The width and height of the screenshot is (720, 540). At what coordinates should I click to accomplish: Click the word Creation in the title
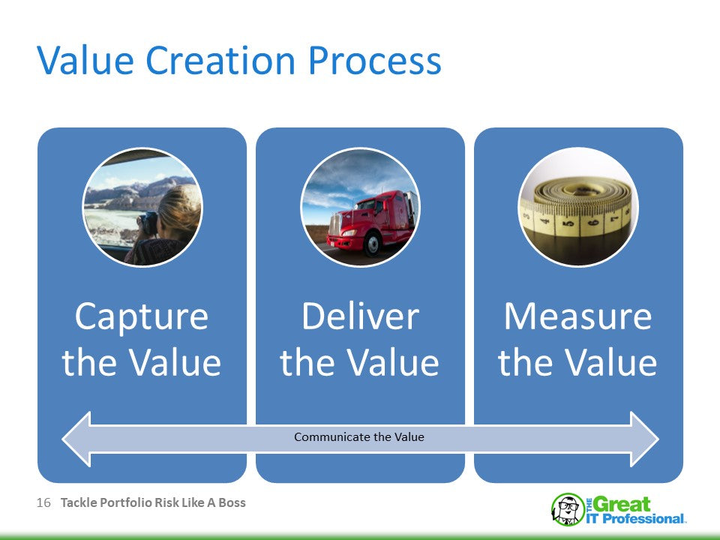pyautogui.click(x=220, y=60)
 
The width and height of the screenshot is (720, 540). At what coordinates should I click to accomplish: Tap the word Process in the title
pyautogui.click(x=375, y=61)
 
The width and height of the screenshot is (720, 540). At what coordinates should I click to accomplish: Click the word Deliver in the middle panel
pyautogui.click(x=361, y=316)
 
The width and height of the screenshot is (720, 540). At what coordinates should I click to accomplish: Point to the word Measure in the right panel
pyautogui.click(x=578, y=316)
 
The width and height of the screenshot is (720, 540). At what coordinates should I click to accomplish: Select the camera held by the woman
pyautogui.click(x=148, y=222)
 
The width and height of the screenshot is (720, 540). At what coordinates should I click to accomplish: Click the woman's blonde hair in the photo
pyautogui.click(x=181, y=207)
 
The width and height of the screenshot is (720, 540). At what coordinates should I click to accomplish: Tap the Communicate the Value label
pyautogui.click(x=359, y=436)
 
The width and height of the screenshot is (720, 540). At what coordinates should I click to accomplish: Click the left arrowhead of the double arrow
pyautogui.click(x=76, y=439)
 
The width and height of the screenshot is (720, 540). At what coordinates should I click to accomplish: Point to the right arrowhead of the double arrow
pyautogui.click(x=645, y=439)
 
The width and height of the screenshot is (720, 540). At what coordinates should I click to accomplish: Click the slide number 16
pyautogui.click(x=43, y=502)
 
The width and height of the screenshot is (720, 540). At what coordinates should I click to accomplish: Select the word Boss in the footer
pyautogui.click(x=232, y=502)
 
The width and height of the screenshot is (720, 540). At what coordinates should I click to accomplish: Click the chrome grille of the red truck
pyautogui.click(x=335, y=224)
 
